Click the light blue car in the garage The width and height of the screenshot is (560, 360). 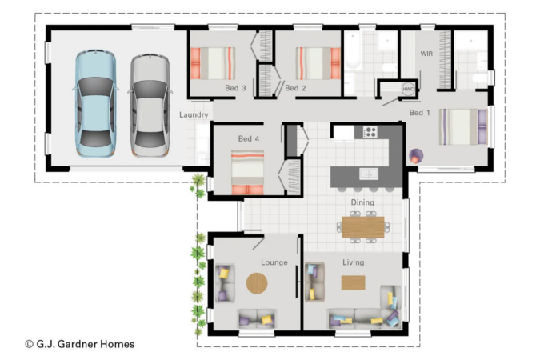95,103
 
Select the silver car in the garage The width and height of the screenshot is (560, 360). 150,106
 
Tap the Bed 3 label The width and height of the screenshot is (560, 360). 235,88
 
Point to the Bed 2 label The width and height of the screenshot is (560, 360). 295,88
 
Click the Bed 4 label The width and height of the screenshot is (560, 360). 249,138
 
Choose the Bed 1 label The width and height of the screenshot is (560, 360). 420,113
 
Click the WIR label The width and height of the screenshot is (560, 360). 426,54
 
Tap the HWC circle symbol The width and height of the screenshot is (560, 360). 408,89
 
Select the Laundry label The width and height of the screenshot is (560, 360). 194,114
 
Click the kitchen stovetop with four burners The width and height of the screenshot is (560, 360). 370,132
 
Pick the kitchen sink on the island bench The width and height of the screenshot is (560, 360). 369,174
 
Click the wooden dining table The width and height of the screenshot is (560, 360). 363,227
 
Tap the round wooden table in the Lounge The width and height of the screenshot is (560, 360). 257,283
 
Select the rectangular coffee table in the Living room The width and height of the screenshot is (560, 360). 354,282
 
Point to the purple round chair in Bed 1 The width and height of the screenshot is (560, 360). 416,157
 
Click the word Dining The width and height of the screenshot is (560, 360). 362,202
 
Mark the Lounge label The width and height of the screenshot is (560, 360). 274,262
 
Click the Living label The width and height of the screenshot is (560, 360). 354,262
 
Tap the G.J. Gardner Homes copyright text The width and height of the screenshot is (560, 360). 80,344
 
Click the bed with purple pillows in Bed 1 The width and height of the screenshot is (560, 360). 463,126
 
